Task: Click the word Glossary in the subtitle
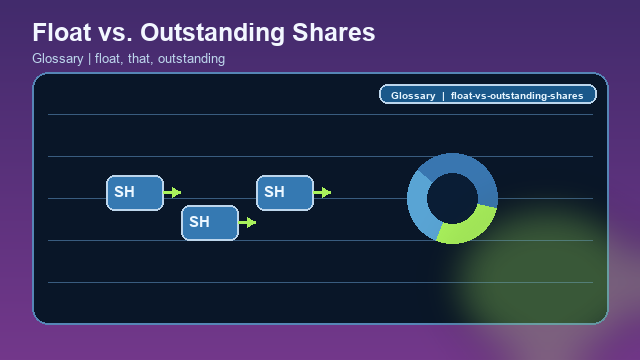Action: pos(57,59)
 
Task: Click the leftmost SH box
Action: pos(134,192)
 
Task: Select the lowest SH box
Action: pos(209,222)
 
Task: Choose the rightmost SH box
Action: pos(284,192)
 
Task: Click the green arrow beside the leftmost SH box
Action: pos(172,192)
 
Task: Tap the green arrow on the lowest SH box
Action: pos(247,222)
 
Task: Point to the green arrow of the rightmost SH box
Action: pos(322,192)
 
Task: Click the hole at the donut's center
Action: pos(452,197)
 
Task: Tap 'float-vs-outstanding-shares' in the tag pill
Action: pos(517,96)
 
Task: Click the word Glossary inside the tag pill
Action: pos(412,96)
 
